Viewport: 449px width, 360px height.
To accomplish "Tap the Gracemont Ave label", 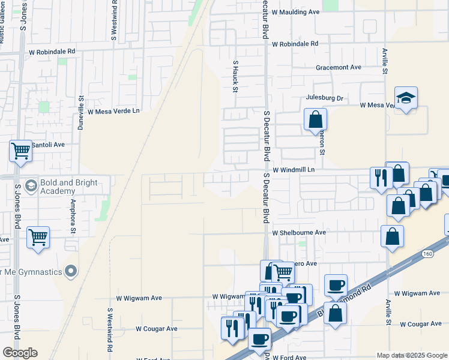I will click(339, 67).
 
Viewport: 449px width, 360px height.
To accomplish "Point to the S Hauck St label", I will click(236, 76).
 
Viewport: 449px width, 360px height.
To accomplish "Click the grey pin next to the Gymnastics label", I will click(71, 272).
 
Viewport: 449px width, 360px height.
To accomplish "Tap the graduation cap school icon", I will click(406, 98).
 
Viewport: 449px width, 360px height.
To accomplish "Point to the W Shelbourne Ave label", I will click(298, 232).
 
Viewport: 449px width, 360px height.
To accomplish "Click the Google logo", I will click(20, 353).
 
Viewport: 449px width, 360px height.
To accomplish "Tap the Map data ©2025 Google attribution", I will click(412, 355).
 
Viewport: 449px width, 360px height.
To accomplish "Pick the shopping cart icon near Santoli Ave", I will click(20, 151).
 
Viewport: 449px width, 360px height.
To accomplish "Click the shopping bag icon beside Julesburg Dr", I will click(315, 119).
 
